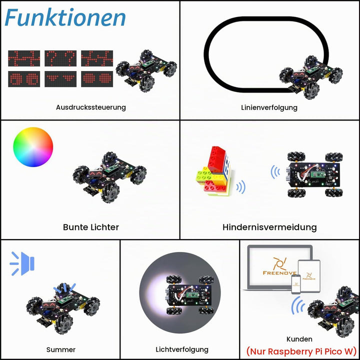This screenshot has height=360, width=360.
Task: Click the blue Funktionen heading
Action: pyautogui.click(x=65, y=18)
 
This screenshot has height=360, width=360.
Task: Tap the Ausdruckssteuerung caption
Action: pyautogui.click(x=91, y=107)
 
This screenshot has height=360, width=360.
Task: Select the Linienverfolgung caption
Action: pyautogui.click(x=269, y=107)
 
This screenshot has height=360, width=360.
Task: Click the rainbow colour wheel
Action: pyautogui.click(x=33, y=147)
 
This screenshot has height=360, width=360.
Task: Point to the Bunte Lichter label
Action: pyautogui.click(x=91, y=227)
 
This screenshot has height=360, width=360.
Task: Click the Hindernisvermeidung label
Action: pyautogui.click(x=269, y=227)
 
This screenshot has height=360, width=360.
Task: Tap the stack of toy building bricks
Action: pyautogui.click(x=213, y=171)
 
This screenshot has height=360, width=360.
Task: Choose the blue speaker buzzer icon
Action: pyautogui.click(x=22, y=263)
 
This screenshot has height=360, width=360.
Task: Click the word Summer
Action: pyautogui.click(x=61, y=349)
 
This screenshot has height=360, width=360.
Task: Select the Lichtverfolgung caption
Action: pyautogui.click(x=182, y=349)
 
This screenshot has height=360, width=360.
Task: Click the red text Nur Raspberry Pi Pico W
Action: pyautogui.click(x=301, y=351)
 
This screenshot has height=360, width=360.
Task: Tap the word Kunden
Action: pyautogui.click(x=299, y=339)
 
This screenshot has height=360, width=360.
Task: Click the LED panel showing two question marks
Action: pyautogui.click(x=60, y=58)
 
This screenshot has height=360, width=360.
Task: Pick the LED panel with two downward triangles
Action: pyautogui.click(x=60, y=79)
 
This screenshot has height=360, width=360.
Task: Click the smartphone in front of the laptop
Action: pyautogui.click(x=296, y=284)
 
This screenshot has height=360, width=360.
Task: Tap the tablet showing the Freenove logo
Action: pyautogui.click(x=309, y=275)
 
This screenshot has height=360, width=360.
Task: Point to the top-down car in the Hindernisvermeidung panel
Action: pyautogui.click(x=315, y=174)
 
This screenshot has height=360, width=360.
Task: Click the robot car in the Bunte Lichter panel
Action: pyautogui.click(x=109, y=177)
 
